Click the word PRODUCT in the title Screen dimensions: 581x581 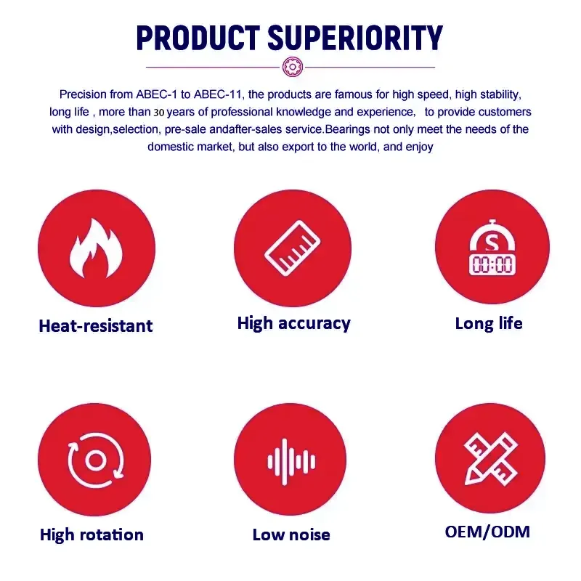[198, 38]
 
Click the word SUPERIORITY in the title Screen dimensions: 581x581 [355, 38]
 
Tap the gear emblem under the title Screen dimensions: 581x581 [293, 67]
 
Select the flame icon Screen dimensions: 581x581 [96, 248]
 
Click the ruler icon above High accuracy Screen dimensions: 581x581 [293, 248]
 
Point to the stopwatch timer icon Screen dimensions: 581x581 [492, 247]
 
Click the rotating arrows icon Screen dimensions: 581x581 [96, 460]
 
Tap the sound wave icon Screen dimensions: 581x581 [291, 462]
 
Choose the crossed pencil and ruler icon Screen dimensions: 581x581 [491, 459]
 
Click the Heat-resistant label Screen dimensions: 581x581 [96, 326]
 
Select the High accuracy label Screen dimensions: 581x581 [294, 323]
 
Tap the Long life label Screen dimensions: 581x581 [489, 323]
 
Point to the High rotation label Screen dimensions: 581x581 [92, 535]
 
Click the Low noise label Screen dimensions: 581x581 [291, 535]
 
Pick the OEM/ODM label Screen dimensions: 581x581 [487, 532]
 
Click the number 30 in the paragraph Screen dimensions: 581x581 [158, 113]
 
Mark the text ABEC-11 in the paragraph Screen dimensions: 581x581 [217, 94]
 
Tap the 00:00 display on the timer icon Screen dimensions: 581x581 [492, 264]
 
